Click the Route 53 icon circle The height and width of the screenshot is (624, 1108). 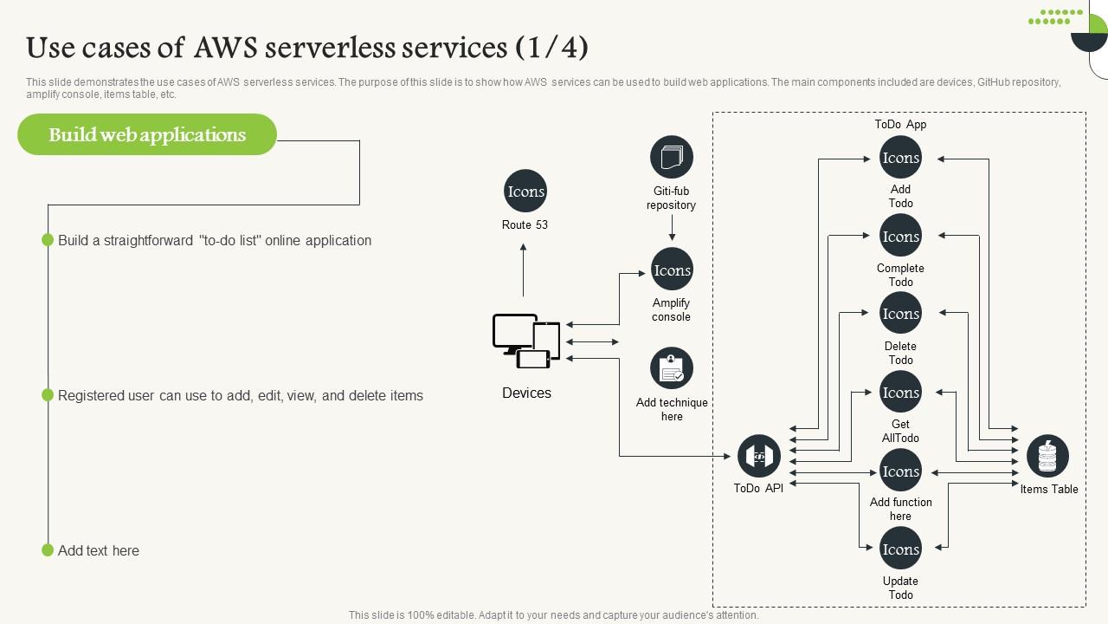pyautogui.click(x=525, y=192)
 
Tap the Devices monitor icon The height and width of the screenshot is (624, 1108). pyautogui.click(x=526, y=341)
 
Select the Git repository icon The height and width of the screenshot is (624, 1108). pyautogui.click(x=672, y=158)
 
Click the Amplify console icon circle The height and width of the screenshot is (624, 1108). pyautogui.click(x=672, y=270)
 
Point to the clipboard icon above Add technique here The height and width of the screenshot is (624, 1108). pyautogui.click(x=672, y=369)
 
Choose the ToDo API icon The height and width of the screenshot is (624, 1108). pyautogui.click(x=759, y=456)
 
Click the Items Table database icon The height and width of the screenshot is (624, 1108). pyautogui.click(x=1047, y=456)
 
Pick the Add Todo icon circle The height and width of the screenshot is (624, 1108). pyautogui.click(x=900, y=158)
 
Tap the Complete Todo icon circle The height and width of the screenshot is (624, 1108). pyautogui.click(x=900, y=236)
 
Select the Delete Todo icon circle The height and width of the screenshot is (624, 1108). pyautogui.click(x=900, y=314)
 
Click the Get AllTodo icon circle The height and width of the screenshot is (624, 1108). pyautogui.click(x=900, y=393)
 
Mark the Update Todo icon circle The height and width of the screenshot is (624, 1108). pyautogui.click(x=900, y=549)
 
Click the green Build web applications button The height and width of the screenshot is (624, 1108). pyautogui.click(x=147, y=134)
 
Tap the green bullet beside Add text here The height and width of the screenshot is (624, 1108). pyautogui.click(x=48, y=550)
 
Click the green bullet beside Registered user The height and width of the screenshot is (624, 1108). pyautogui.click(x=48, y=395)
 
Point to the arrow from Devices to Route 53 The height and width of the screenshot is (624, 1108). pyautogui.click(x=523, y=270)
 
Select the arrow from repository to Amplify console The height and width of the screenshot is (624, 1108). pyautogui.click(x=672, y=228)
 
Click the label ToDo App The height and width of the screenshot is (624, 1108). pyautogui.click(x=900, y=124)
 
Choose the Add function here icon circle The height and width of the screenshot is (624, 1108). pyautogui.click(x=900, y=471)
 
